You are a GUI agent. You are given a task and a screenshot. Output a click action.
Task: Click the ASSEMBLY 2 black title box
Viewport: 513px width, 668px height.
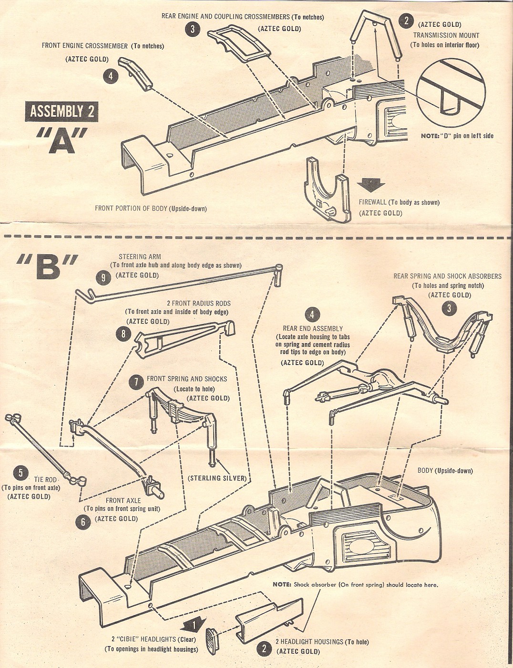click(x=62, y=112)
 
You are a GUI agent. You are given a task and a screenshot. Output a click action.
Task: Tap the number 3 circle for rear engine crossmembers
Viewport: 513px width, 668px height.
click(x=192, y=29)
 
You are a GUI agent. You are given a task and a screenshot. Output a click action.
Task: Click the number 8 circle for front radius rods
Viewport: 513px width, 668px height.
click(x=123, y=334)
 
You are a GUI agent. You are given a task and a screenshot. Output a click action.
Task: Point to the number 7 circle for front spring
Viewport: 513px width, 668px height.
click(x=136, y=381)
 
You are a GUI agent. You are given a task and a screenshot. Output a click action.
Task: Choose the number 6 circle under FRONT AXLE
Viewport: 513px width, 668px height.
click(x=83, y=522)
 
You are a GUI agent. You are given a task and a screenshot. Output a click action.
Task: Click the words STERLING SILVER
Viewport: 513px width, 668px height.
click(x=217, y=478)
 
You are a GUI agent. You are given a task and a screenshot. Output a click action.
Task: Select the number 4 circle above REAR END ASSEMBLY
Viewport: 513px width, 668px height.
click(x=312, y=314)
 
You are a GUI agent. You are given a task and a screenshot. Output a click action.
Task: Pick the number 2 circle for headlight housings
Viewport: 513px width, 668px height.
click(x=264, y=648)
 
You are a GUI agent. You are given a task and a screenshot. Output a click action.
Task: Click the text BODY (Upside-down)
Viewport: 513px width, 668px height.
click(x=445, y=470)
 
